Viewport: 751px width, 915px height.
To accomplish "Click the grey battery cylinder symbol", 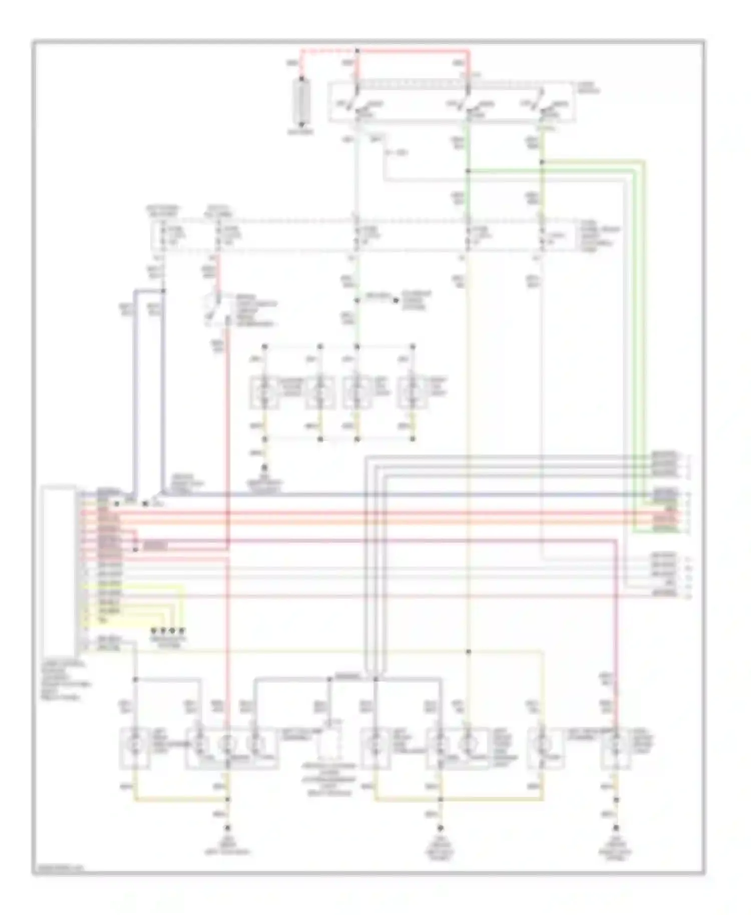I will click(301, 103).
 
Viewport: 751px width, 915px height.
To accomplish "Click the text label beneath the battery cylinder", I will click(301, 132).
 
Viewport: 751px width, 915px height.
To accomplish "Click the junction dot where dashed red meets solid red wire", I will click(357, 51).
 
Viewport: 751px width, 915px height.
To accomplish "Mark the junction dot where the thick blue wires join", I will click(163, 291).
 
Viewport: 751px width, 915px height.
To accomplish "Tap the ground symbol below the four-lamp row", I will click(265, 471).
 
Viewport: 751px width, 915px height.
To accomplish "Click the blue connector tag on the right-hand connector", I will click(665, 494).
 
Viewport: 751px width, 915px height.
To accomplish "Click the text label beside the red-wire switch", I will click(256, 312).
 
